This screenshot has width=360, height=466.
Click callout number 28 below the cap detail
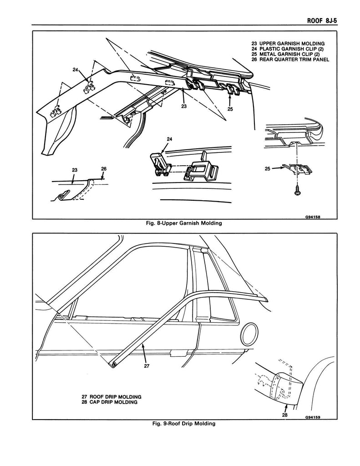tap(285, 415)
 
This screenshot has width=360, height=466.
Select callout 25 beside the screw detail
tap(269, 169)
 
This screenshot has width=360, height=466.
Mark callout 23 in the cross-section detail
tap(75, 170)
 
